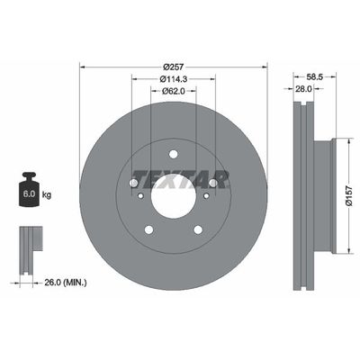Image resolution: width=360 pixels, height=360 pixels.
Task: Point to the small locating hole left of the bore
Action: [x=138, y=193]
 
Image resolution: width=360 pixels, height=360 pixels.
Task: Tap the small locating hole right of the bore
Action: [x=204, y=193]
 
